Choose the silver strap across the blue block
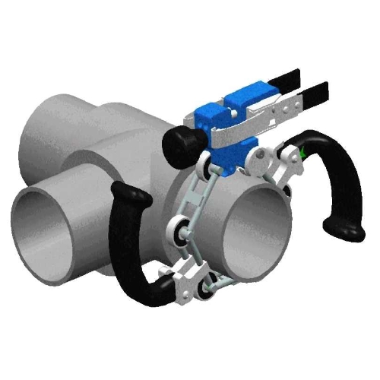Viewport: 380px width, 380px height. [x=228, y=134]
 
